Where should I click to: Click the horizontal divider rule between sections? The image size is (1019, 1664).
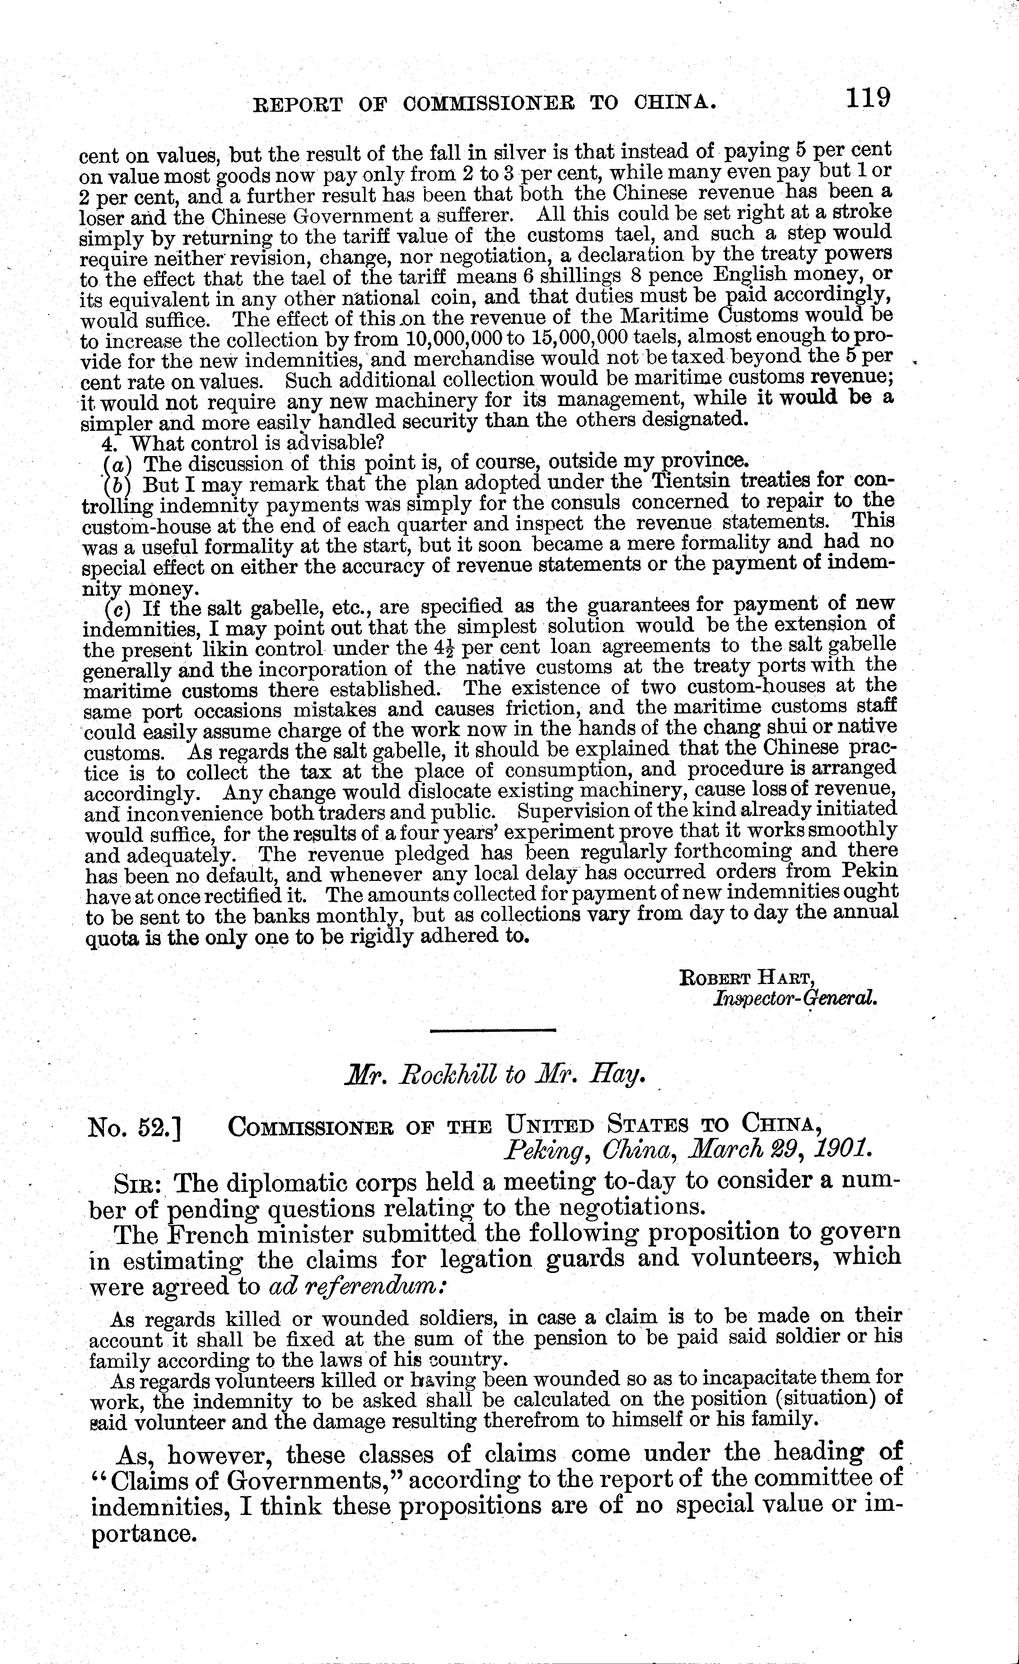coord(492,1030)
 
